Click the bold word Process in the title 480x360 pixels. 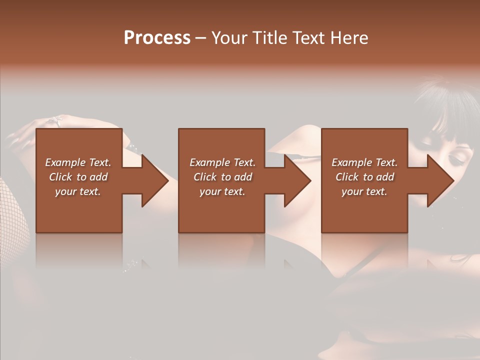tap(157, 38)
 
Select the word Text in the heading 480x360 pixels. tap(307, 38)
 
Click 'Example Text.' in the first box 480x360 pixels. tap(78, 162)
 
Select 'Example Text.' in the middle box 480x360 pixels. tap(222, 162)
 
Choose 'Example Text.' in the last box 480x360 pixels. tap(364, 162)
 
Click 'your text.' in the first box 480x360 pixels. tap(78, 191)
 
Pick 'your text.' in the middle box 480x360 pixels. tap(222, 191)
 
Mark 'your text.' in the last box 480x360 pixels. tap(364, 191)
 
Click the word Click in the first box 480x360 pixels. tap(61, 177)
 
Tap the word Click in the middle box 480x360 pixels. tap(205, 177)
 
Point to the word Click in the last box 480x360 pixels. tap(347, 177)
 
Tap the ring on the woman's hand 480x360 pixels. tap(55, 120)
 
